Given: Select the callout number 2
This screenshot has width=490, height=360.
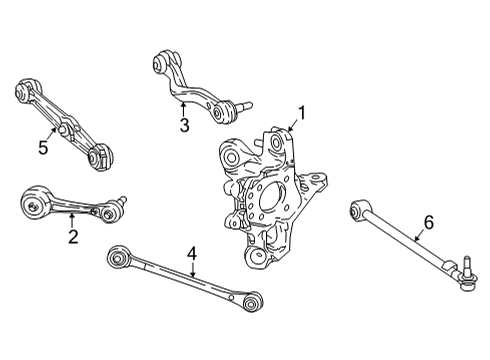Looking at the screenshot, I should point(73,237).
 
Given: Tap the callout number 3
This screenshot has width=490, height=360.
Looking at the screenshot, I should point(184,125).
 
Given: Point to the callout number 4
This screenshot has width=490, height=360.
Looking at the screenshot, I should point(191,257).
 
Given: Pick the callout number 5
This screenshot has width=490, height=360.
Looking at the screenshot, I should point(42,149).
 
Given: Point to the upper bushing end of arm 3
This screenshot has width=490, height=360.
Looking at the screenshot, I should point(160,61).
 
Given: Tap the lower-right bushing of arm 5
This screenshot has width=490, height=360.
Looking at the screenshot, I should point(100,157).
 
